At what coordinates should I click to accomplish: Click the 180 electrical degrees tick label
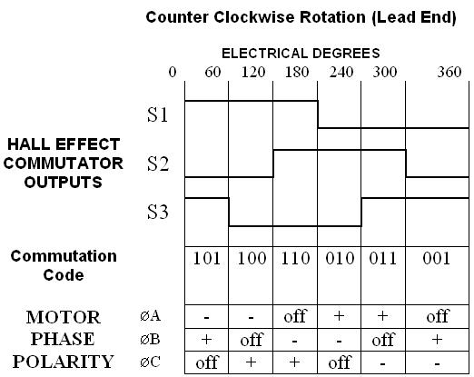297,72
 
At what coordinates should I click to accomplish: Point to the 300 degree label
384,72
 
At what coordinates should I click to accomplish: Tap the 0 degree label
173,72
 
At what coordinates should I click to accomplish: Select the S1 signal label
157,114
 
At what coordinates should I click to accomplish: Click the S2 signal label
157,164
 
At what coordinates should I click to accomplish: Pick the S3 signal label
157,212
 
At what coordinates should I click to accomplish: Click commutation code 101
206,258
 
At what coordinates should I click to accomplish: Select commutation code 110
295,258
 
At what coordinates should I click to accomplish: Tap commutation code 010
340,258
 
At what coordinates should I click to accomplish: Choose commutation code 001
436,258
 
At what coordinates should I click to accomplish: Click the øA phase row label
151,316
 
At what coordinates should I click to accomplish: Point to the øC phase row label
150,362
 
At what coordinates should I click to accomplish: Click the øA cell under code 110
295,316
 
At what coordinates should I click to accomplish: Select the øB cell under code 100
252,340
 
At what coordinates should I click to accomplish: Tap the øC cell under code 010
340,362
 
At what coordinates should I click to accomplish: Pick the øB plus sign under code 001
437,340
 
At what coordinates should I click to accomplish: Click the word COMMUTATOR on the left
64,164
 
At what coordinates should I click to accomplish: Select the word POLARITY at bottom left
64,362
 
